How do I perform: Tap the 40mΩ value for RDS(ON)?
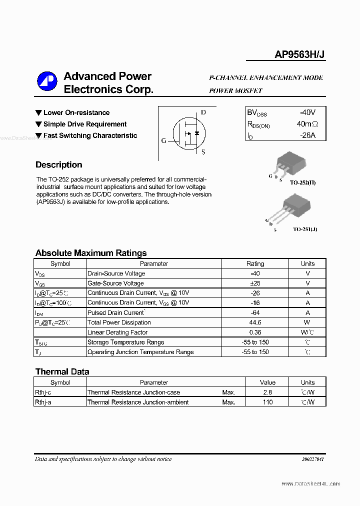tap(307, 124)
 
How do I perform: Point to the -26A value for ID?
tap(305, 135)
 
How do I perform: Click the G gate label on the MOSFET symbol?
tap(163, 141)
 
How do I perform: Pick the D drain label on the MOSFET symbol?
tap(203, 112)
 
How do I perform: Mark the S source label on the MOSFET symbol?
tap(203, 152)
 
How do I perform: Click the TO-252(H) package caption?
tap(303, 182)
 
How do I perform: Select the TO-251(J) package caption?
tap(304, 229)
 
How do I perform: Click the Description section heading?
tap(58, 165)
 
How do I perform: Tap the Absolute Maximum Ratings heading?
tap(91, 253)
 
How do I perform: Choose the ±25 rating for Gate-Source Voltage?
tap(255, 283)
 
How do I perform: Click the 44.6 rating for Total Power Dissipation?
tap(255, 322)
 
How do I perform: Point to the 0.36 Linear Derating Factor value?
tap(255, 332)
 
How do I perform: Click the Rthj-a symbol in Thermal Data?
tap(43, 402)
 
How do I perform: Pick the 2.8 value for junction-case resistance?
tap(267, 392)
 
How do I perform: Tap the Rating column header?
tap(255, 263)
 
